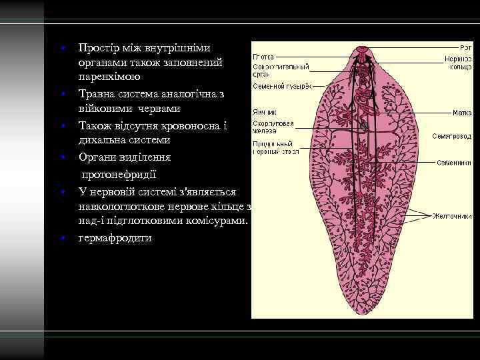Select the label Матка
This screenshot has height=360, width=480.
462,113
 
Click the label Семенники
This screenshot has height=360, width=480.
455,163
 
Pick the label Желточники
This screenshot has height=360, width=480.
453,215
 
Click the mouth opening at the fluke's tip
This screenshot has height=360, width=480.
362,49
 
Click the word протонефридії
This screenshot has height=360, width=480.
119,175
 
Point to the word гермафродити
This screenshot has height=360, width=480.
115,237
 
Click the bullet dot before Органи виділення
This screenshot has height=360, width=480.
61,158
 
